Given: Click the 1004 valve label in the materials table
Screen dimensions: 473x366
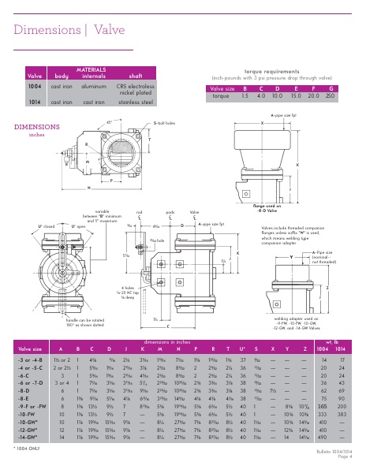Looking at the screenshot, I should coord(35,84).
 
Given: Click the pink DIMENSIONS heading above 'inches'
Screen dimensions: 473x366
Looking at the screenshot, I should coord(32,126).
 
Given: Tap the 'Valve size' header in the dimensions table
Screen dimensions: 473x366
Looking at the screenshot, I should coord(29,348).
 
